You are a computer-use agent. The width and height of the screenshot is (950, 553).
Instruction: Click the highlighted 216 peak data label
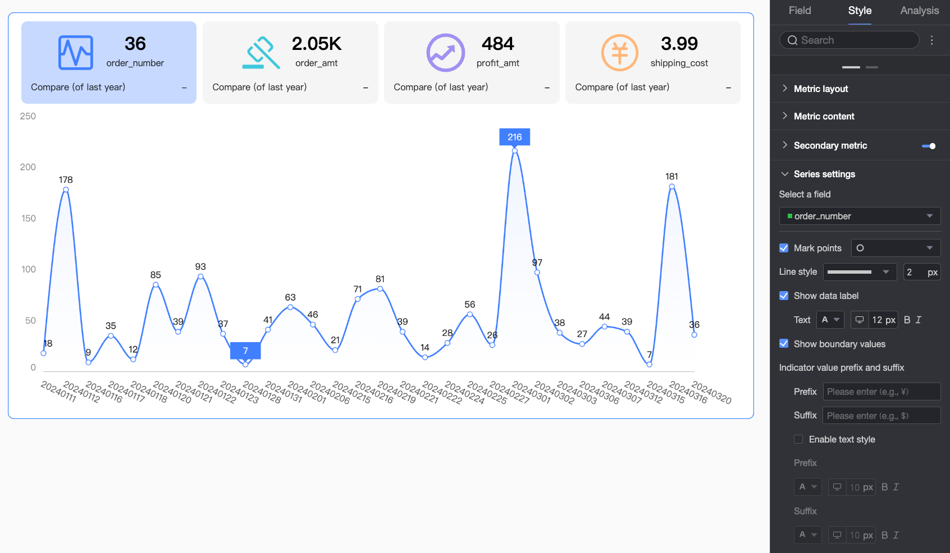(514, 137)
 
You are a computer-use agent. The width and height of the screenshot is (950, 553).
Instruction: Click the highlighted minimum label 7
(245, 351)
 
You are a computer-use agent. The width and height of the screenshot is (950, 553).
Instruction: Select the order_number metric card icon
(76, 53)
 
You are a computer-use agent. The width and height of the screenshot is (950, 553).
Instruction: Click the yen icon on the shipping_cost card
(619, 53)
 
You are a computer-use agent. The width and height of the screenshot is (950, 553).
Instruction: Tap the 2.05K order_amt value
(317, 44)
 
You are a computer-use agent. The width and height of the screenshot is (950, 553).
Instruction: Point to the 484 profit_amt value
(497, 44)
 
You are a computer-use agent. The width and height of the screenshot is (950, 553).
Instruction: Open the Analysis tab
(919, 11)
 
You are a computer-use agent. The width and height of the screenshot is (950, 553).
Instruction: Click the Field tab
(800, 11)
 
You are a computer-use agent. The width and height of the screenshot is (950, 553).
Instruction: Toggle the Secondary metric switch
(929, 146)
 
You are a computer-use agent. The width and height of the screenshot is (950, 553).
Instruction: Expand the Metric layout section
(821, 89)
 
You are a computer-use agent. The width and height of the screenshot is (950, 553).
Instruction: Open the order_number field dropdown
(860, 216)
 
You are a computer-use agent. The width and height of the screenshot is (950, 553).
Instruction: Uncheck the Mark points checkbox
(784, 248)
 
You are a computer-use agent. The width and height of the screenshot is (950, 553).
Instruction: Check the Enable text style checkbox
(798, 439)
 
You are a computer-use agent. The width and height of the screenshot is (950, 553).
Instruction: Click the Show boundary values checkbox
(784, 344)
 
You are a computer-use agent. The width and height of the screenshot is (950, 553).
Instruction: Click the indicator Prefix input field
(882, 391)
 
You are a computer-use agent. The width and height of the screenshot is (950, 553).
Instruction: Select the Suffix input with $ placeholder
(882, 416)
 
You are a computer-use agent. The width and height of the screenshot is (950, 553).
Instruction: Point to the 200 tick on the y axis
(28, 167)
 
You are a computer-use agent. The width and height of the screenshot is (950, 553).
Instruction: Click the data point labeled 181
(672, 187)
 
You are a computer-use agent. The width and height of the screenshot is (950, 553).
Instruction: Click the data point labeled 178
(66, 190)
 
